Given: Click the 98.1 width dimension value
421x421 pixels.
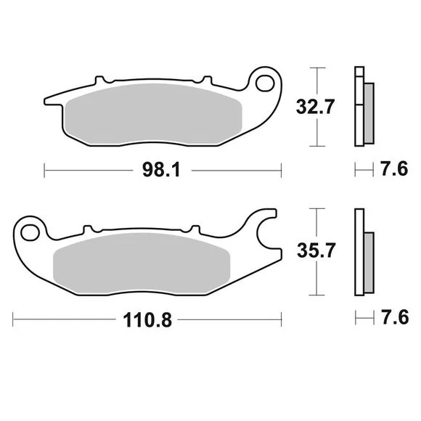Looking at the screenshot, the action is (161, 171).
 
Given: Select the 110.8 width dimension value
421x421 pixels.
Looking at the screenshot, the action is (147, 320).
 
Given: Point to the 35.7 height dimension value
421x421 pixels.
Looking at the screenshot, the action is (316, 250).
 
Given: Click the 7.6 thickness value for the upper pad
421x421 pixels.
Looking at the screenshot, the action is (394, 169).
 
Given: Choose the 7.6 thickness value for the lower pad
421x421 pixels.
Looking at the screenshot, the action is (395, 318).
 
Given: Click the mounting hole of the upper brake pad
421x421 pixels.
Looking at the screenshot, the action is (265, 83).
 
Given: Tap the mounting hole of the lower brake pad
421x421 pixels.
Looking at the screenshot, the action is (30, 233).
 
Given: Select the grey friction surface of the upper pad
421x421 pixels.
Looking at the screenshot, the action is (153, 113).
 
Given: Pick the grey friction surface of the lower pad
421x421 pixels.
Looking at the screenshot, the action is (142, 263).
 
